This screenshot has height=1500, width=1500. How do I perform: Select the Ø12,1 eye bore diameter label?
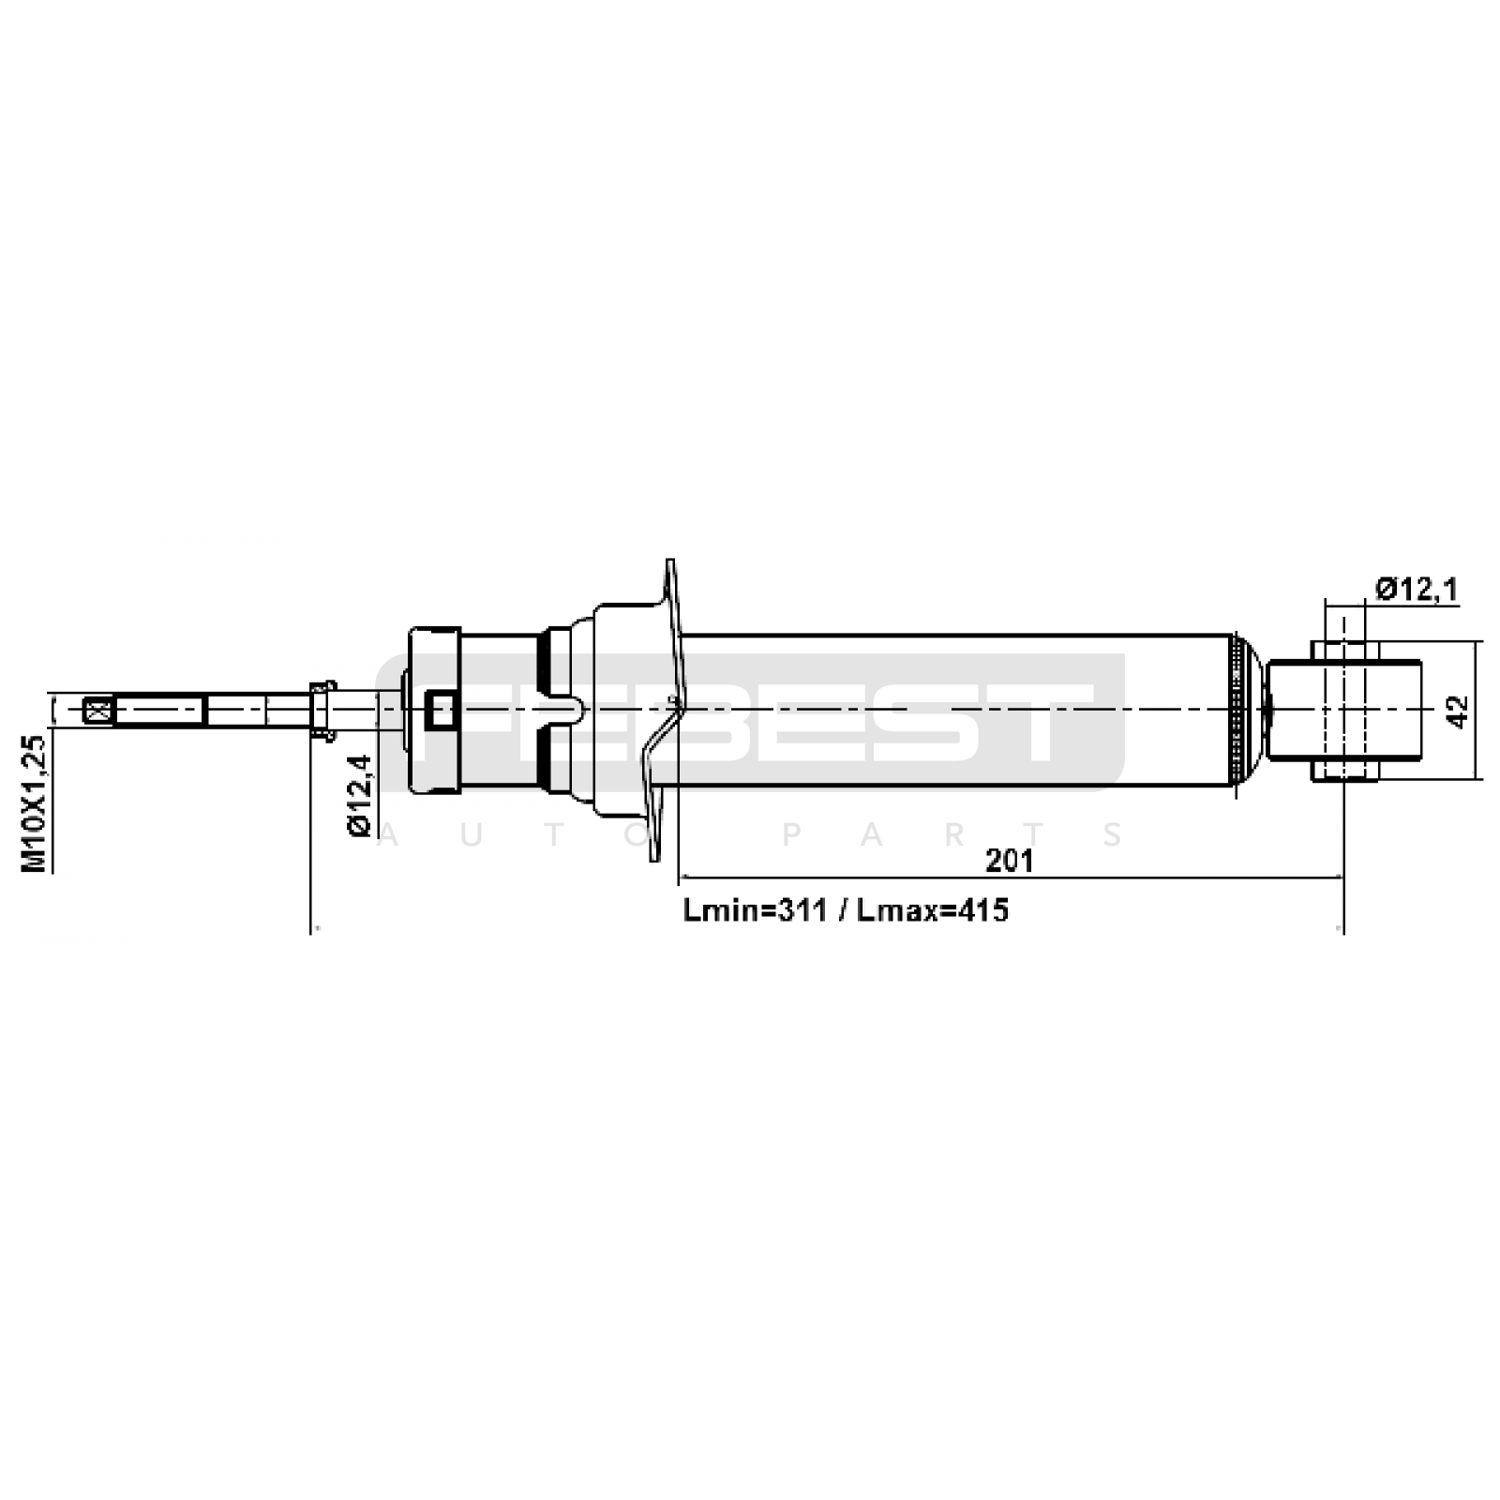pos(1417,590)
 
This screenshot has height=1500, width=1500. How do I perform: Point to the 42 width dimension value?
pos(1456,710)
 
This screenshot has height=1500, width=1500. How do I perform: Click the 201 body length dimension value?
pos(1009,860)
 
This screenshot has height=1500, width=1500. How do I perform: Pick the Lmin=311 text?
pos(756,909)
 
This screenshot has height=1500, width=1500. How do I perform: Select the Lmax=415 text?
pos(933,909)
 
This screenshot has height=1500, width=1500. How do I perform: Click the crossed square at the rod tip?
pos(94,710)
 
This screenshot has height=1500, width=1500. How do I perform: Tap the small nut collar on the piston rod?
pos(322,710)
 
